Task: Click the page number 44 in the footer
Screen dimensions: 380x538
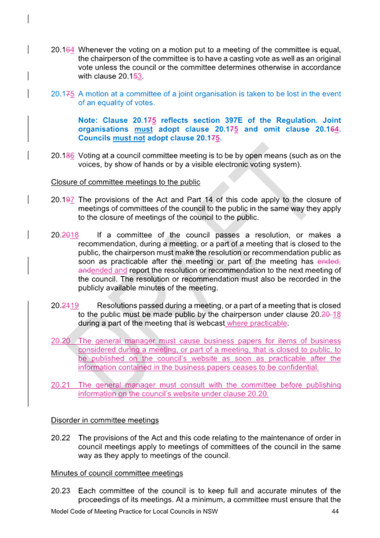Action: point(335,511)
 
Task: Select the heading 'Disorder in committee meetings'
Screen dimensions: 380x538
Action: point(105,420)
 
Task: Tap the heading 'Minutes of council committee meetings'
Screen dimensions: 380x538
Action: point(117,473)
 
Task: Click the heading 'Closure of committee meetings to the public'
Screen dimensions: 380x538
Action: point(126,182)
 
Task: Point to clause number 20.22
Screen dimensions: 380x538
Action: point(60,438)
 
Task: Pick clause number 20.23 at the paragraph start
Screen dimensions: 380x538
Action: point(60,490)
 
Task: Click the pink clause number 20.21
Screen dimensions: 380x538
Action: point(60,385)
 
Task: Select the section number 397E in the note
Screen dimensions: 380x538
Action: point(233,121)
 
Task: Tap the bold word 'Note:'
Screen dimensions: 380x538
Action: point(88,121)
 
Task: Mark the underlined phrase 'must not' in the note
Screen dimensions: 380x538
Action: point(129,138)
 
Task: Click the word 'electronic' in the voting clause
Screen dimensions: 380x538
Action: point(230,164)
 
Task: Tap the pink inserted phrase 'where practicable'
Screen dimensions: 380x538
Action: point(257,324)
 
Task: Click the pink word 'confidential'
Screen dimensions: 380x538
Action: point(298,367)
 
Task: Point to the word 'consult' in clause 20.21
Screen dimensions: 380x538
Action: point(192,385)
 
